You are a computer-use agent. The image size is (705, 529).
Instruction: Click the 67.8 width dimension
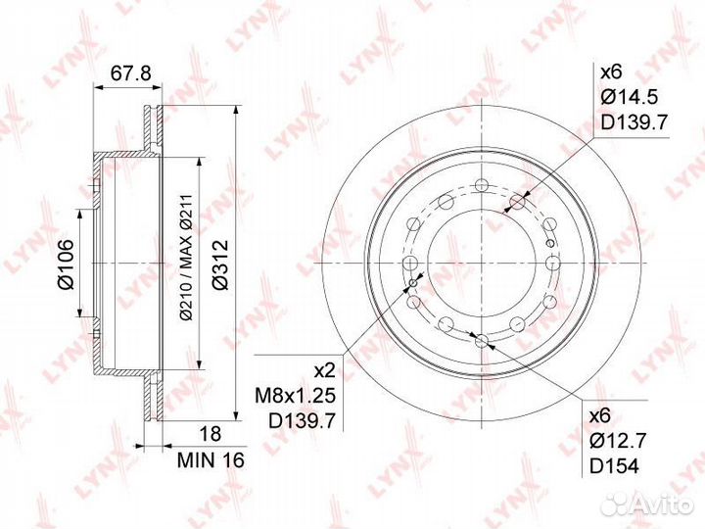(131, 72)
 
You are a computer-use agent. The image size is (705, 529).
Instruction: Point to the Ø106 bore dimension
(66, 264)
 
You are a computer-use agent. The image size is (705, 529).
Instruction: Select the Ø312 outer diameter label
(220, 264)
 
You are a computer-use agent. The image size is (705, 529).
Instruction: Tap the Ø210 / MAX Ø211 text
(186, 258)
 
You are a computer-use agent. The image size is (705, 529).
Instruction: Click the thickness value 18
(210, 434)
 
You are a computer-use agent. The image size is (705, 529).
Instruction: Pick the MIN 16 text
(211, 459)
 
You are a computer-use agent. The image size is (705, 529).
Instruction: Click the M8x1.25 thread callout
(296, 396)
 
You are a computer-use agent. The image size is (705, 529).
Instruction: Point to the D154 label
(614, 466)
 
